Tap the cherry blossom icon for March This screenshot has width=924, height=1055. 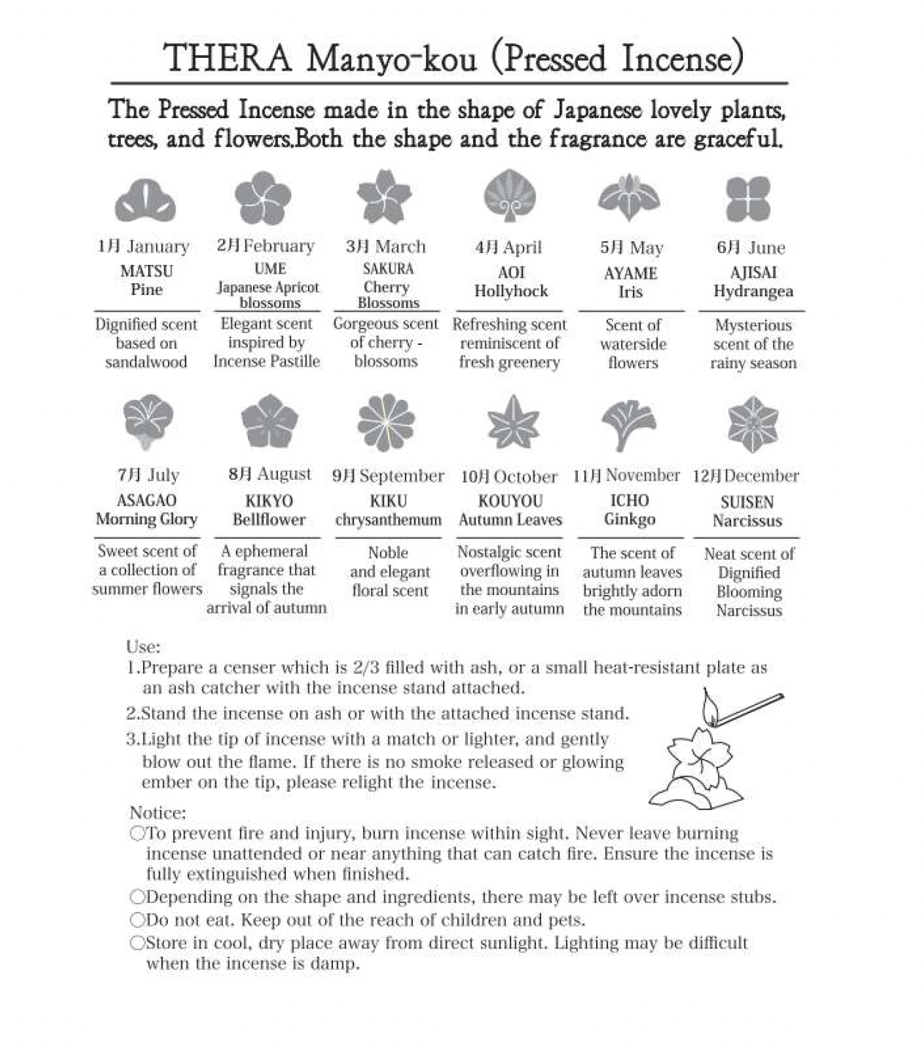pyautogui.click(x=384, y=197)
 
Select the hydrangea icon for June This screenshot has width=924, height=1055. pyautogui.click(x=748, y=198)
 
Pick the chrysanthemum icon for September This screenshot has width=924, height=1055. pyautogui.click(x=386, y=423)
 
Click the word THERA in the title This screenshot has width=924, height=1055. pyautogui.click(x=227, y=59)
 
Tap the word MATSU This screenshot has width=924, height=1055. pyautogui.click(x=147, y=271)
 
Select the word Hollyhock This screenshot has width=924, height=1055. pyautogui.click(x=511, y=291)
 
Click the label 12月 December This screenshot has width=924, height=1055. pyautogui.click(x=746, y=475)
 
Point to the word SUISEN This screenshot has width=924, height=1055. pyautogui.click(x=747, y=503)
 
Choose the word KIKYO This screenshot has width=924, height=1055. pyautogui.click(x=269, y=501)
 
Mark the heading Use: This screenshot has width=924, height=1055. pyautogui.click(x=143, y=647)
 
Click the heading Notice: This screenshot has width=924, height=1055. pyautogui.click(x=158, y=813)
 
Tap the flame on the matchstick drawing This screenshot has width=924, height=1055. pyautogui.click(x=708, y=708)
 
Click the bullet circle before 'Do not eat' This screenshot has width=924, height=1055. pyautogui.click(x=137, y=920)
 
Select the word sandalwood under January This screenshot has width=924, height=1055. pyautogui.click(x=146, y=362)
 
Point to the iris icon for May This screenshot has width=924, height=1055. pyautogui.click(x=628, y=197)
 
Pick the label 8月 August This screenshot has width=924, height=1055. pyautogui.click(x=269, y=474)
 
